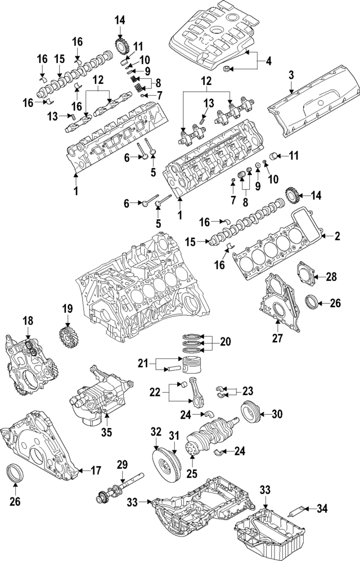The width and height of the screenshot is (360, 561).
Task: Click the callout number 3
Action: (291, 75)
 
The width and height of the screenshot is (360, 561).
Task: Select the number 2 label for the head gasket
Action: (337, 237)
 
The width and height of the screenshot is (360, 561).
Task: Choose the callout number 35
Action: (106, 432)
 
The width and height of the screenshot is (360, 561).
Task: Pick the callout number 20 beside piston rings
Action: (225, 341)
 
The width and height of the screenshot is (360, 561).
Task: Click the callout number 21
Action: (143, 364)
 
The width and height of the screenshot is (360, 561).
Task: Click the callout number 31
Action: (174, 435)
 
